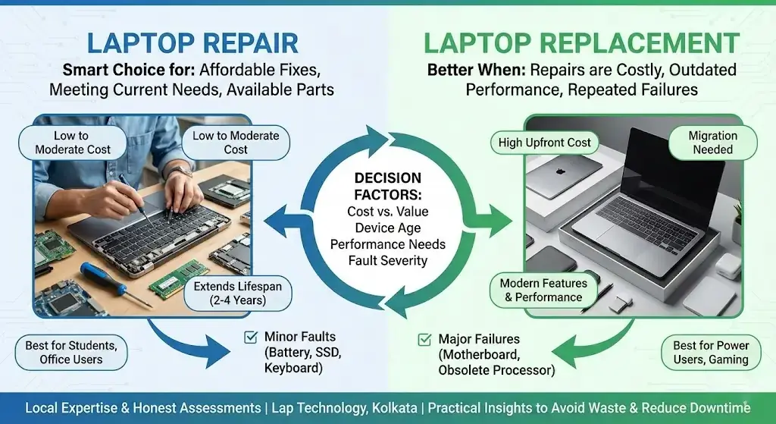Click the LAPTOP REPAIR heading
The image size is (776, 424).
point(193,43)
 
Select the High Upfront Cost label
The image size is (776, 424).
point(544,142)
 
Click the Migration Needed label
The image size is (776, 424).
point(712,143)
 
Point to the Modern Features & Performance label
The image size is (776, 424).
point(543,290)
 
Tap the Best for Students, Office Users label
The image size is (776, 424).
point(71,352)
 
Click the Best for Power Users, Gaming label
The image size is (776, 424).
point(710,353)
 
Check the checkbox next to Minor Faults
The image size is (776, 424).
point(250,337)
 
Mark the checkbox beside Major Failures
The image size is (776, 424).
point(425,340)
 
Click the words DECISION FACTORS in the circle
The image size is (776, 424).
point(388,185)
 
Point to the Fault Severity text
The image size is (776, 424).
point(388,261)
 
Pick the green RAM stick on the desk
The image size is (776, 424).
point(177,284)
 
